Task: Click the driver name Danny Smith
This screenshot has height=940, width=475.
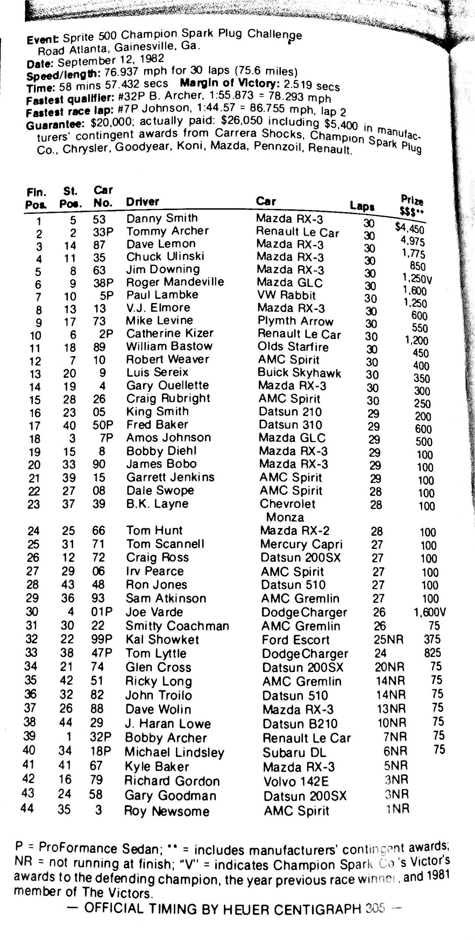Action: point(162,218)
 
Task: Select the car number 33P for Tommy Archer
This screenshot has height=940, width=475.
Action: point(103,232)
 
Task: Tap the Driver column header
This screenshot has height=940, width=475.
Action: point(143,202)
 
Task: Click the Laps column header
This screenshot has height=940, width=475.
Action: point(362,206)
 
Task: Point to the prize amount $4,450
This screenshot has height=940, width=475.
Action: point(410,229)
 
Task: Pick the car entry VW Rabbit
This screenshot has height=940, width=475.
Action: point(286,295)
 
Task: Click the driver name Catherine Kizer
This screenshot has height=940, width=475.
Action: point(169,333)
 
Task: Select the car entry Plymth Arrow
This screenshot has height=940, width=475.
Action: point(295,321)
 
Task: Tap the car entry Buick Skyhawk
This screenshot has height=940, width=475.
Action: point(299,373)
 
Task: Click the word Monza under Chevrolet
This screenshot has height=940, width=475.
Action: point(285,517)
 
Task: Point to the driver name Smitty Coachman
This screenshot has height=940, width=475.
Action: point(177,626)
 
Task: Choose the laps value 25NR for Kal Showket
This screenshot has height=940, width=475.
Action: point(388,639)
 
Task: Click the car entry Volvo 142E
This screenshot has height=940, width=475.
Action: point(296,781)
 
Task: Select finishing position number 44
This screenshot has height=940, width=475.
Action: point(28,808)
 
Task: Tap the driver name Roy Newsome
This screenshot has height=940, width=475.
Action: point(167,811)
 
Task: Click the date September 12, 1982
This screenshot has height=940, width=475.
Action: point(111,60)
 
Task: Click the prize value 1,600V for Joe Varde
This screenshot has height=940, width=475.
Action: point(430,612)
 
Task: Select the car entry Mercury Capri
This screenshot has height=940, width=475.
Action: point(301,544)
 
